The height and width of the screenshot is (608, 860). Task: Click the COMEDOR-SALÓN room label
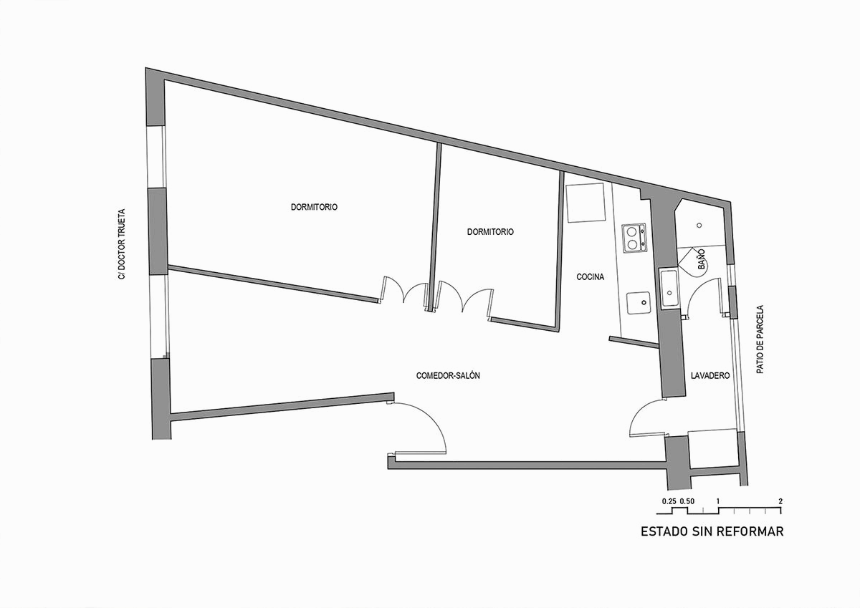point(448,375)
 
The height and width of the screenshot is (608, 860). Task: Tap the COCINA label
point(590,276)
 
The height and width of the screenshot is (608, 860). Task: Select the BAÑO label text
point(701,259)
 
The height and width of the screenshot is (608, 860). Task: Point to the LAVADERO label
point(710,375)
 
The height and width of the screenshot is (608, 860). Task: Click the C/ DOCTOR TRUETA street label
point(122,244)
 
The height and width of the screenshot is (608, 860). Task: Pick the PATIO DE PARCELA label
point(760,339)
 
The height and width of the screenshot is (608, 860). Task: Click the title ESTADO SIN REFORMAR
point(712,531)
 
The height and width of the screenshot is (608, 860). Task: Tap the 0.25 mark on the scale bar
point(669,501)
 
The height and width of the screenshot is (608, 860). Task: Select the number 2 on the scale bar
point(780,501)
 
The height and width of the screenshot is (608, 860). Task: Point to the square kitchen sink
point(639,303)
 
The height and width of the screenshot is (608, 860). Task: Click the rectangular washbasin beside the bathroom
point(669,288)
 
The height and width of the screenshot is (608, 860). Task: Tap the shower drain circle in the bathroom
point(699,226)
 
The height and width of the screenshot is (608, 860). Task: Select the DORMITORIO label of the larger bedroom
point(314,207)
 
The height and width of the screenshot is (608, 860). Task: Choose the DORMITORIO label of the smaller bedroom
point(490,232)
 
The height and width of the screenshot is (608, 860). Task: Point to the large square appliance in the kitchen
point(585,203)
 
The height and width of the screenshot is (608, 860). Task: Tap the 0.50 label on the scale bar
point(687,501)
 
